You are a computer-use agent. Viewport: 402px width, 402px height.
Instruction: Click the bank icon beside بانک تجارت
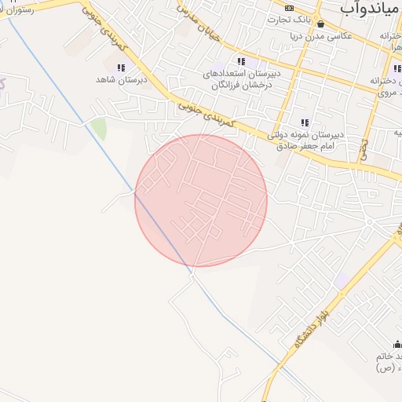[290, 7]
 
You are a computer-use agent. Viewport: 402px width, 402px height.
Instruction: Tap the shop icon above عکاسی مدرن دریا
[320, 24]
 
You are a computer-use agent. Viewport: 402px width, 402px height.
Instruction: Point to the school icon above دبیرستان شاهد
[121, 68]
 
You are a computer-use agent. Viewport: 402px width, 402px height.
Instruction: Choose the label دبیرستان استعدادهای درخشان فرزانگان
[240, 79]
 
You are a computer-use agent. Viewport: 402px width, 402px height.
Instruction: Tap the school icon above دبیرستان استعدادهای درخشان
[241, 61]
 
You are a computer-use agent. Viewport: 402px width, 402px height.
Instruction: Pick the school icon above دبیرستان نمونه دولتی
[305, 122]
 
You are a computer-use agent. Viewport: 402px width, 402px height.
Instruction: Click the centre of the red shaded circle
[201, 200]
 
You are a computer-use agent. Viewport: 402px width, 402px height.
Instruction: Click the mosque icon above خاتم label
[397, 344]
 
